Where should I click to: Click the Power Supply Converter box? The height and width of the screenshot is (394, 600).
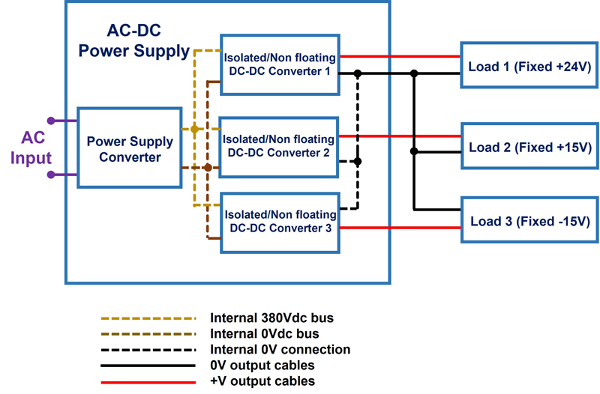130,148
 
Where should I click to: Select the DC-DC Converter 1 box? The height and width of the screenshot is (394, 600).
280,64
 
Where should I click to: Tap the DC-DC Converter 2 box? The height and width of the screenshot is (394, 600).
278,147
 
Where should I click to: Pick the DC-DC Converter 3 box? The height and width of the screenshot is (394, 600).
280,222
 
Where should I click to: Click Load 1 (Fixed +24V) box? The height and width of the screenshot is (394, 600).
529,65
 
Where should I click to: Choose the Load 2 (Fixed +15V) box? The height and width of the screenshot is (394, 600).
530,145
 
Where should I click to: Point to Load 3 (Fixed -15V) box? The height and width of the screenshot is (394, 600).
530,219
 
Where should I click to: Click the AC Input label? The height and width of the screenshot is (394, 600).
31,148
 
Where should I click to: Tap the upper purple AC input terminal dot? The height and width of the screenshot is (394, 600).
51,121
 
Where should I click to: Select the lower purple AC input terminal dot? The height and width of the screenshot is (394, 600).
51,175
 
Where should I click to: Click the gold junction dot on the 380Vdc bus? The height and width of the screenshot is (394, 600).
194,129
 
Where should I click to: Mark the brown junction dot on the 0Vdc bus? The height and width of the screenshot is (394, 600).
208,167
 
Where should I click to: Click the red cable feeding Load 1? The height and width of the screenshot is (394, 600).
400,57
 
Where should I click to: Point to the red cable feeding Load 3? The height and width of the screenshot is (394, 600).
400,228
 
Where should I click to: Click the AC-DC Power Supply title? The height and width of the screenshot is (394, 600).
134,40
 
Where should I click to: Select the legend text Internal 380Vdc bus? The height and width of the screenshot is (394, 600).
271,318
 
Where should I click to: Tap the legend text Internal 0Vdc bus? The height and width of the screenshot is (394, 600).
265,333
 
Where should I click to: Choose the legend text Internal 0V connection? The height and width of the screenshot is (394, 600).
280,349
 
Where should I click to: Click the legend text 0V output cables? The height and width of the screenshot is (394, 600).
262,366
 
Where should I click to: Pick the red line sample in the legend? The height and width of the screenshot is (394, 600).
148,382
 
